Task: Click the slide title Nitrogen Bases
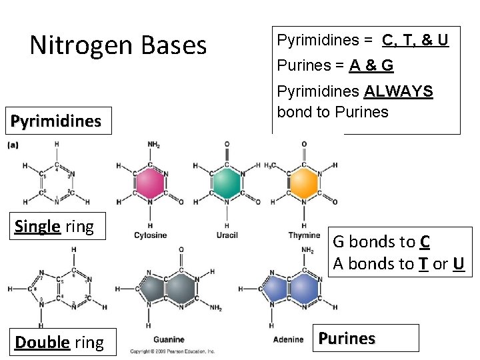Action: pyautogui.click(x=119, y=45)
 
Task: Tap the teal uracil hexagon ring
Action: pyautogui.click(x=227, y=183)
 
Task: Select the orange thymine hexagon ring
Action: pyautogui.click(x=304, y=183)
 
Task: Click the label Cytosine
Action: pyautogui.click(x=150, y=235)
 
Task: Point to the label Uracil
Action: pyautogui.click(x=227, y=235)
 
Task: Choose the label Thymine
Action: pyautogui.click(x=304, y=235)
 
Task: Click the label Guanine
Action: pyautogui.click(x=168, y=340)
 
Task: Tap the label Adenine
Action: pyautogui.click(x=287, y=340)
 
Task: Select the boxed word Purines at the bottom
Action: pyautogui.click(x=347, y=338)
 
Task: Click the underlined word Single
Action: pyautogui.click(x=37, y=226)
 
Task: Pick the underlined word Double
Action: pyautogui.click(x=42, y=343)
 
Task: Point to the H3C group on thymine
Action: pyautogui.click(x=272, y=166)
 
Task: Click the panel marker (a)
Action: pyautogui.click(x=13, y=144)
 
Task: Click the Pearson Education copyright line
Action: pyautogui.click(x=172, y=351)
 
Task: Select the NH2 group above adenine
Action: pyautogui.click(x=308, y=251)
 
